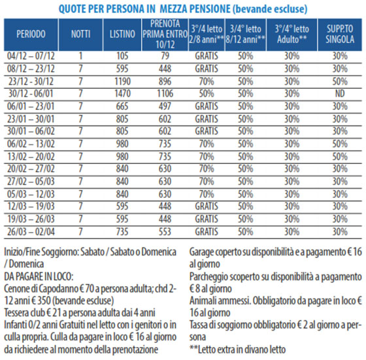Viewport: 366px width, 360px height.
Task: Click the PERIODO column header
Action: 31,34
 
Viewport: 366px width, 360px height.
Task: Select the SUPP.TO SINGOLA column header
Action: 340,34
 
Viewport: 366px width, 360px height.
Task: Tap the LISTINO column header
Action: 122,34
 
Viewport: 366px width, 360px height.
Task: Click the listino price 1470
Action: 122,93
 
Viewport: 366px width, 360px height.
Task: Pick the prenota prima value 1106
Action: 165,93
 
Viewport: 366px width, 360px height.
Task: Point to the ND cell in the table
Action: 340,93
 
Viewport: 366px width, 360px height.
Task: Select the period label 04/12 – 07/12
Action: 31,56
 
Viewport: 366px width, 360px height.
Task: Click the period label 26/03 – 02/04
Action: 31,232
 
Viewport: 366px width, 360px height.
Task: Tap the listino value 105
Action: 122,56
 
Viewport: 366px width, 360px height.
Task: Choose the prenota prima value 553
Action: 165,232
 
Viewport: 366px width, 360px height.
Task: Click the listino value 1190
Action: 122,82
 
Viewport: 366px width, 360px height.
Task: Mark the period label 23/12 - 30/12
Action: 31,82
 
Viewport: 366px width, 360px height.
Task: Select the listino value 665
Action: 122,106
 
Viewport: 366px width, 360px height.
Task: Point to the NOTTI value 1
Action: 80,56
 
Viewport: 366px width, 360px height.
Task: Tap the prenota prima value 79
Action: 165,56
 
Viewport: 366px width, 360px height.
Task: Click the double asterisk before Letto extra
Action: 193,348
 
